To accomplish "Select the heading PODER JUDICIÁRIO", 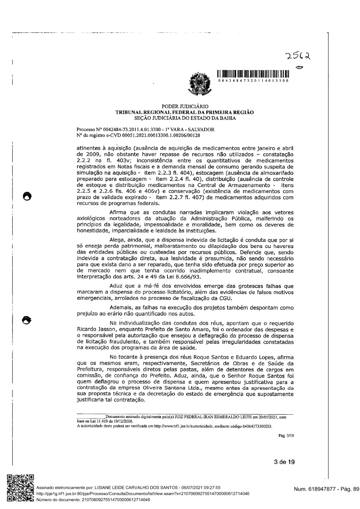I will tap(185, 107).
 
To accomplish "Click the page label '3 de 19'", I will tap(284, 462).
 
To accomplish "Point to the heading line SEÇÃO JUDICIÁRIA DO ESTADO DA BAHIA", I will tap(185, 117).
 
